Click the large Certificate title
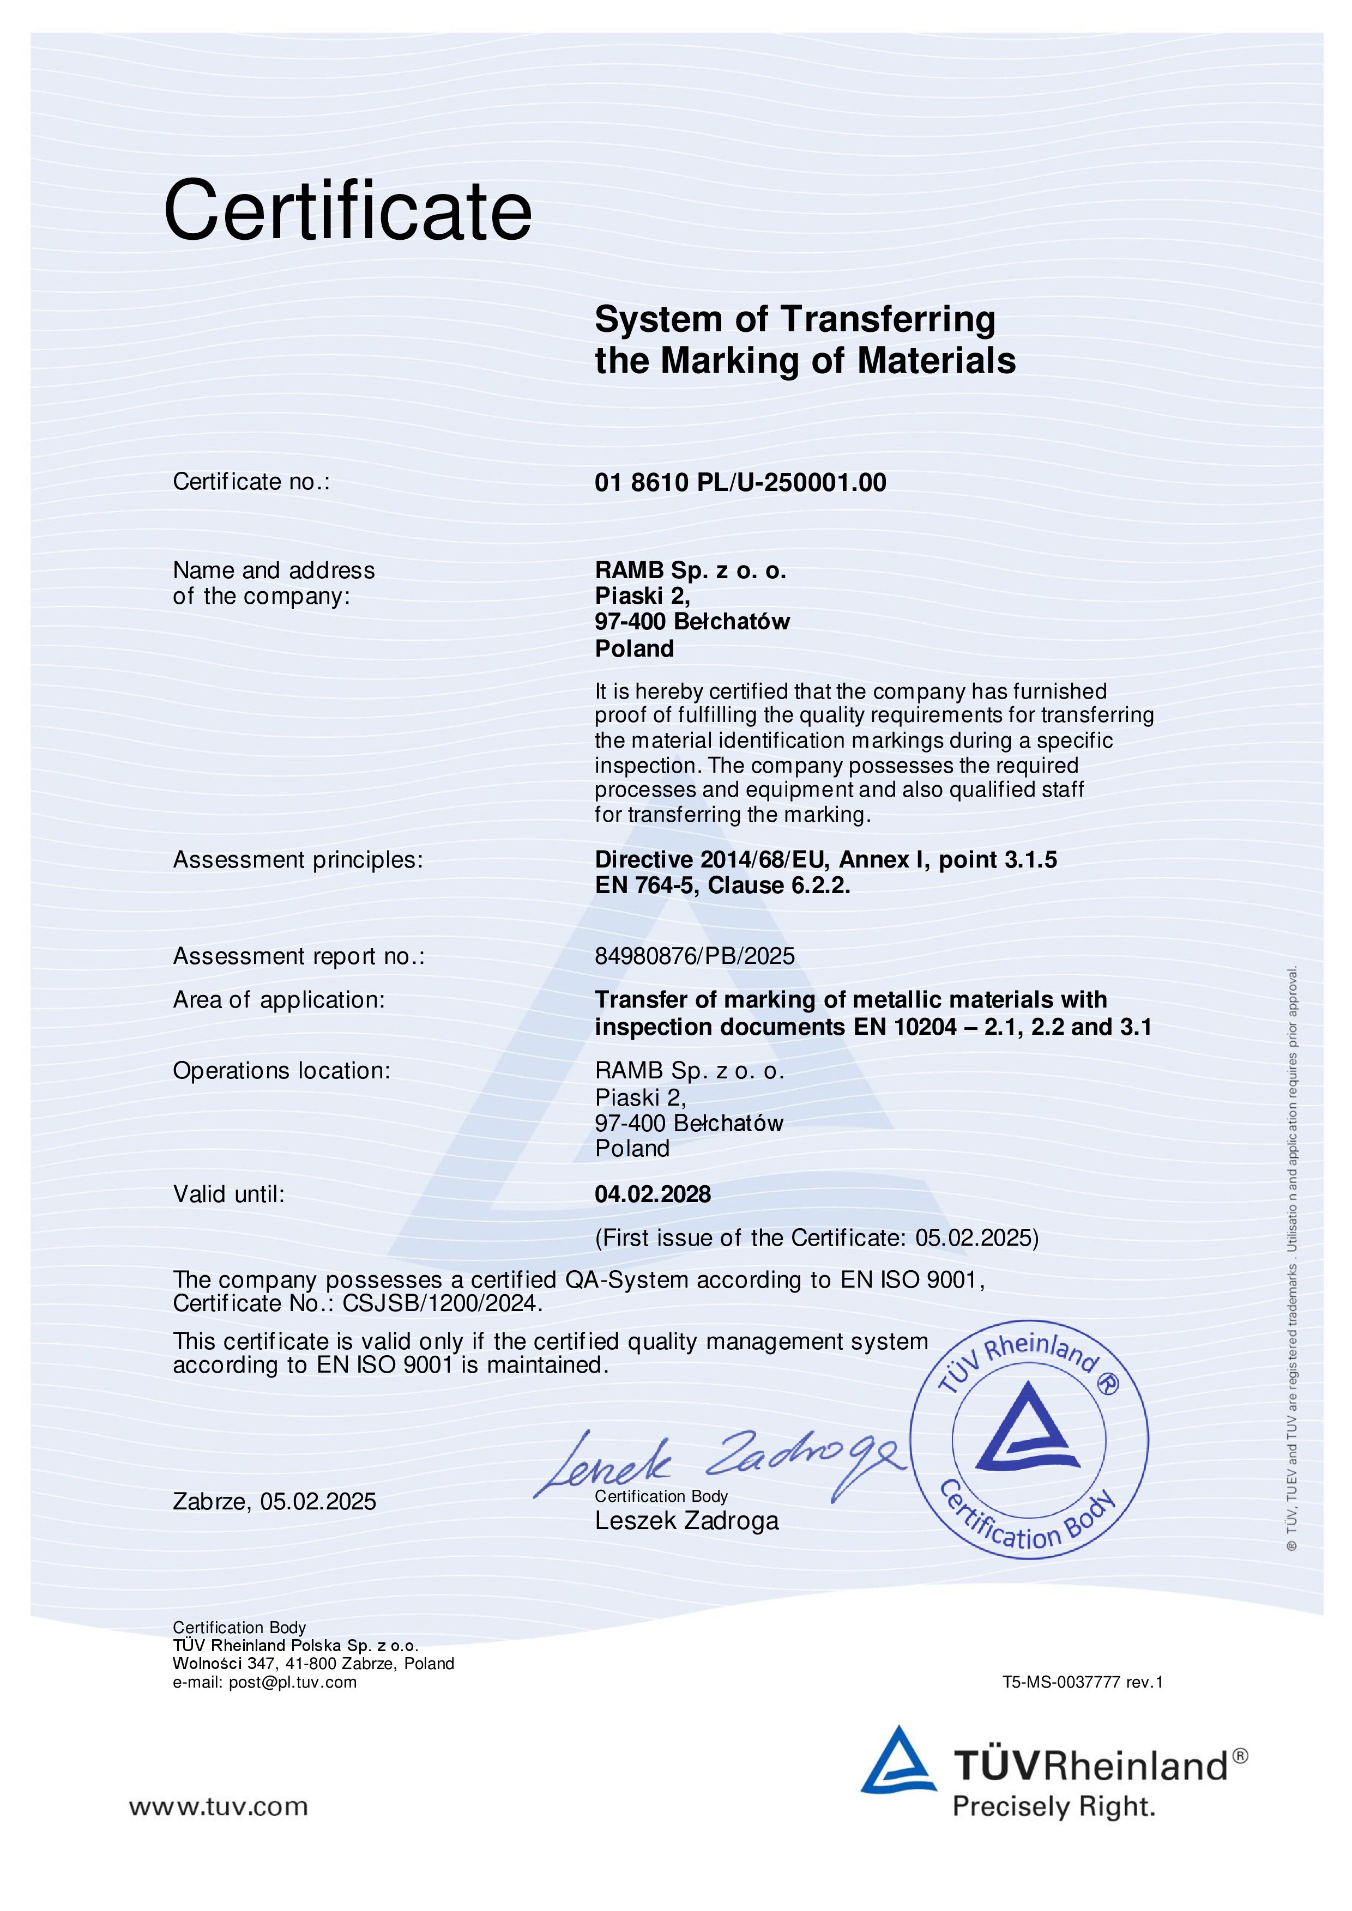coord(347,211)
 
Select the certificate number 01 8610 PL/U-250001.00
coord(740,483)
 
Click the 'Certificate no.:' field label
coord(251,482)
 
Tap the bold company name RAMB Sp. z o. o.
coord(690,571)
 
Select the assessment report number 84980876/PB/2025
coord(695,956)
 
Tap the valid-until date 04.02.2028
coord(653,1194)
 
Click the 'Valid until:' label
coord(229,1194)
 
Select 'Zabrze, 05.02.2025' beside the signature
coord(275,1502)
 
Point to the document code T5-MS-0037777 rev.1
coord(1082,1682)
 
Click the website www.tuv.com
coord(218,1807)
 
